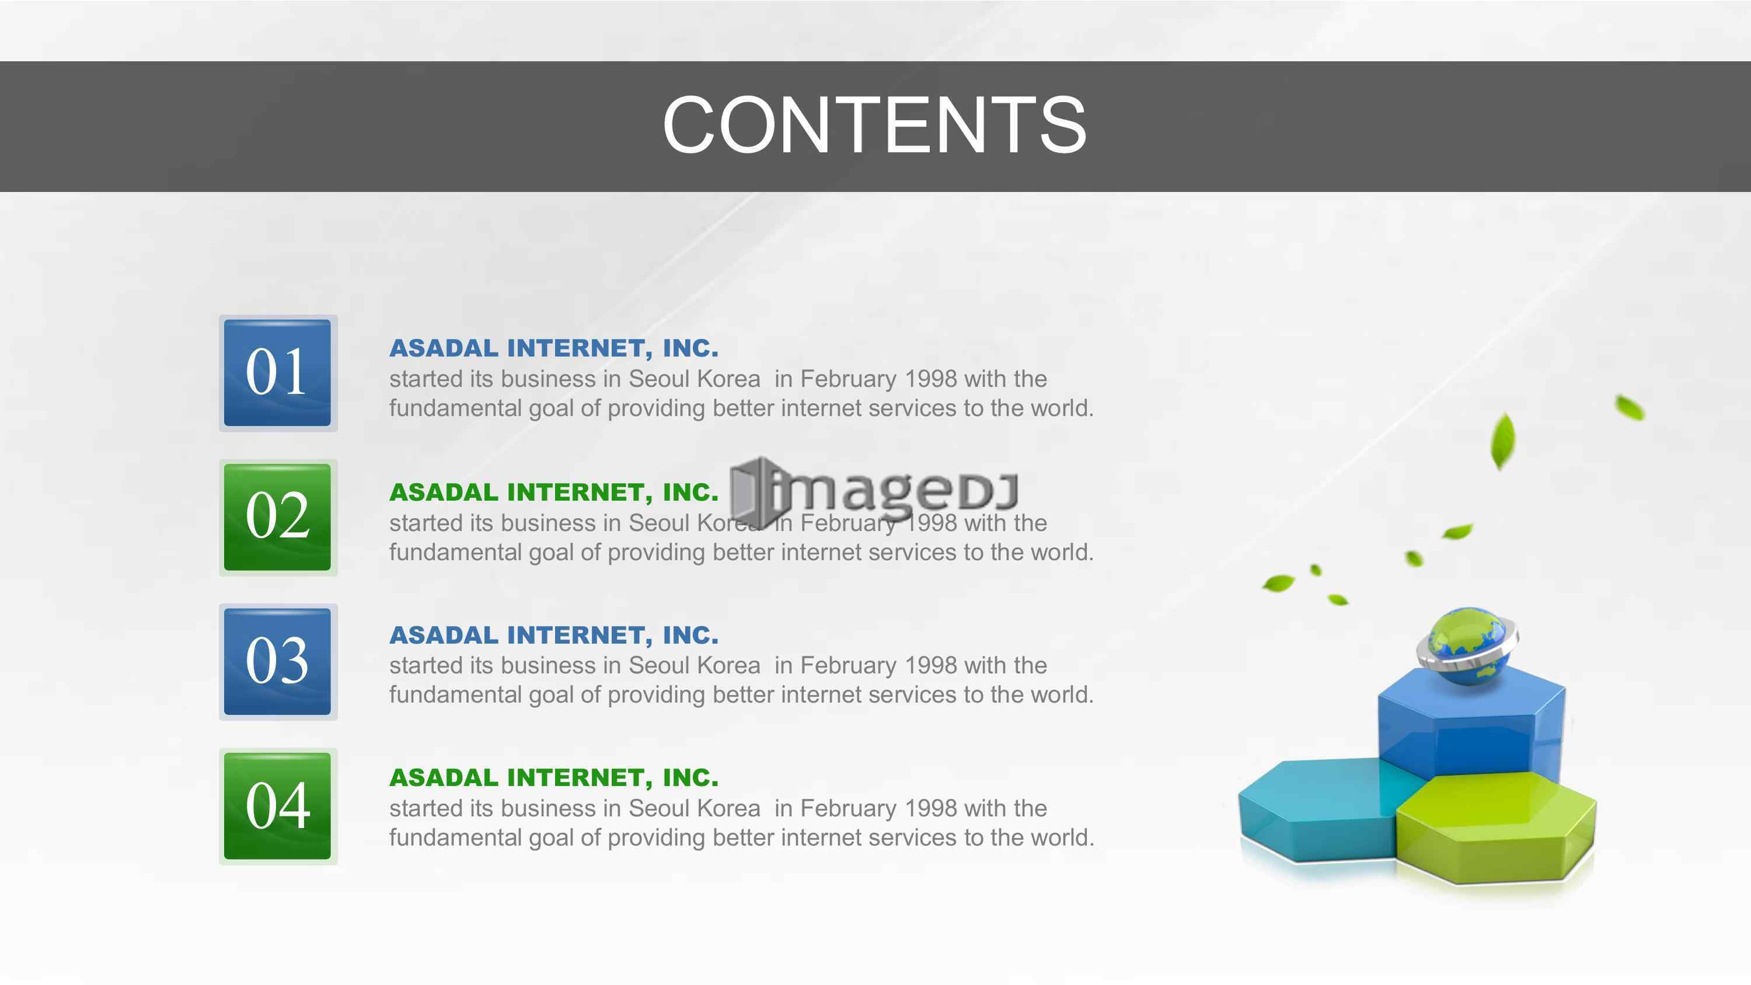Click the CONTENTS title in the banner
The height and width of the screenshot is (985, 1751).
click(874, 124)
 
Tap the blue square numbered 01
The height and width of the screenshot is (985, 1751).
click(277, 372)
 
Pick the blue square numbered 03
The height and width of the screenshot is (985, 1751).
click(277, 661)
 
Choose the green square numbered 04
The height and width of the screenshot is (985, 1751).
click(277, 805)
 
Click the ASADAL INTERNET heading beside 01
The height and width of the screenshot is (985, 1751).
click(553, 348)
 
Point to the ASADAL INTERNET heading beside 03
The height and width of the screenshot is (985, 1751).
click(553, 635)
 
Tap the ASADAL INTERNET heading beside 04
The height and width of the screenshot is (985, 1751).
click(553, 777)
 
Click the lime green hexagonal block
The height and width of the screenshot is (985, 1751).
click(1495, 828)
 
